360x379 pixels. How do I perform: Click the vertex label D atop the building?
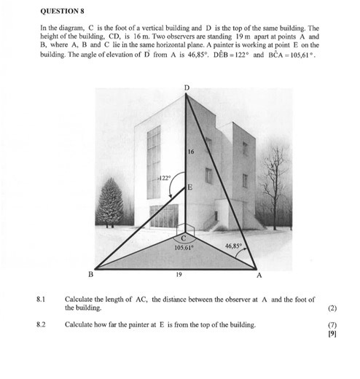(186, 87)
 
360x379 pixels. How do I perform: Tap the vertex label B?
(91, 275)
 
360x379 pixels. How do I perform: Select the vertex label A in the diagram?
(259, 276)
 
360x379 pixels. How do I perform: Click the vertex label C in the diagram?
(184, 238)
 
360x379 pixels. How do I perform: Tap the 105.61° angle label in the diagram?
(184, 247)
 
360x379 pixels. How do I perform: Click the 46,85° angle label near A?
(233, 246)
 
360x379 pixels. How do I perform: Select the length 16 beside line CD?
(190, 152)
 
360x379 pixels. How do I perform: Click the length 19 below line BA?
(179, 275)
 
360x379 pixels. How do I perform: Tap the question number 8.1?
(41, 300)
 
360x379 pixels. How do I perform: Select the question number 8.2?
(41, 324)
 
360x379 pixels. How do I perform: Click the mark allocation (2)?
(332, 308)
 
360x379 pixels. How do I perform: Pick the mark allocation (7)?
(332, 324)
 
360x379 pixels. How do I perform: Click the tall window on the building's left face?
(153, 163)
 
